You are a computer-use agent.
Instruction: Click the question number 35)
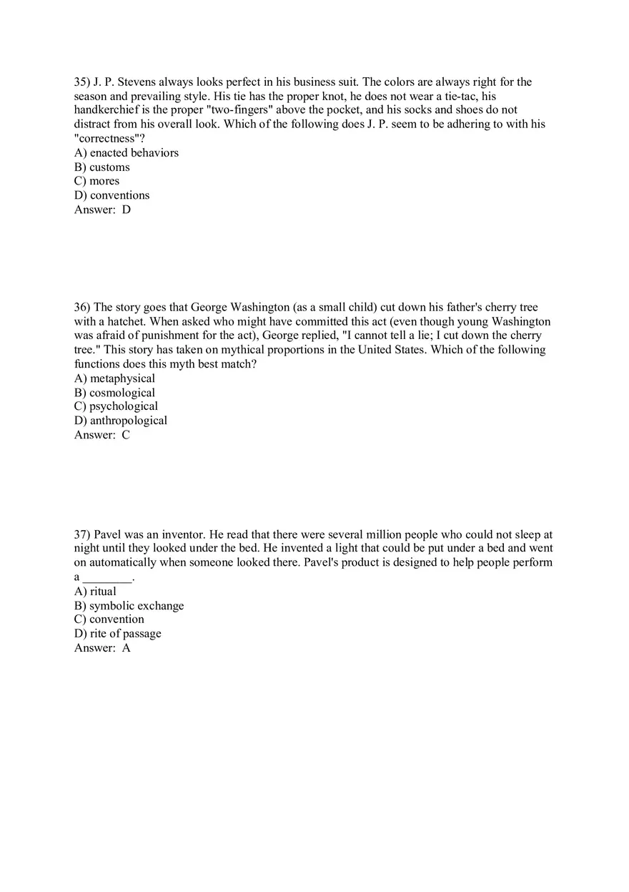[x=82, y=82]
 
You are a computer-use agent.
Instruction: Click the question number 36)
[x=82, y=308]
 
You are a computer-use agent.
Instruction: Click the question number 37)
[x=82, y=534]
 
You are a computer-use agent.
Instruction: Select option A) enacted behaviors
[x=127, y=153]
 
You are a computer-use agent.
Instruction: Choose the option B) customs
[x=102, y=167]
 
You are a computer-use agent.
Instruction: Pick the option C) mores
[x=96, y=181]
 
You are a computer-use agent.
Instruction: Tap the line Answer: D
[x=102, y=210]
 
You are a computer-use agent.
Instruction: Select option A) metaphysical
[x=114, y=378]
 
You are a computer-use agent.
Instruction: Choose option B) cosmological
[x=114, y=393]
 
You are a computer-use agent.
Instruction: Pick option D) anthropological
[x=121, y=421]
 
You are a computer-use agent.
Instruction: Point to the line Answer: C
[x=102, y=435]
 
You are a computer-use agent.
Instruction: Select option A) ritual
[x=95, y=592]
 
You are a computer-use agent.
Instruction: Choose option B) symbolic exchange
[x=129, y=606]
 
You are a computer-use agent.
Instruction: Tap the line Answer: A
[x=102, y=648]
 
